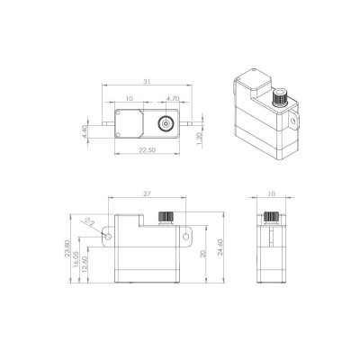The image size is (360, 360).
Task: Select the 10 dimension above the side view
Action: click(x=271, y=193)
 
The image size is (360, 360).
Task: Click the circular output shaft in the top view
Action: click(x=166, y=124)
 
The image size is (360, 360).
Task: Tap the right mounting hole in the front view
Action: click(x=188, y=237)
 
